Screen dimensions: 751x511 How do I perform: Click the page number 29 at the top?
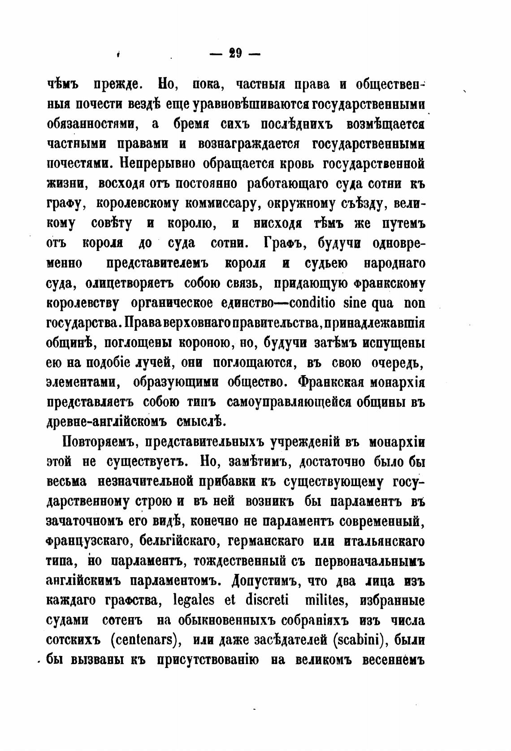[x=235, y=54]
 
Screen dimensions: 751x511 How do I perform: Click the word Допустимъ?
[x=266, y=581]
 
